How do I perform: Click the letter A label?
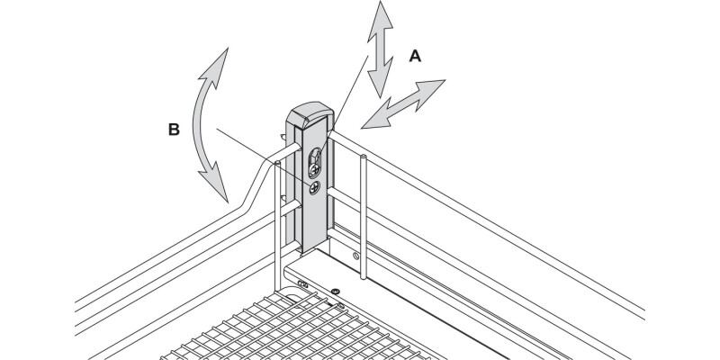(x=415, y=57)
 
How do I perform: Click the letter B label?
(x=175, y=130)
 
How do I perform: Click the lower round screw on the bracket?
(x=312, y=189)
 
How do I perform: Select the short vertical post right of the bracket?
(x=362, y=207)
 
